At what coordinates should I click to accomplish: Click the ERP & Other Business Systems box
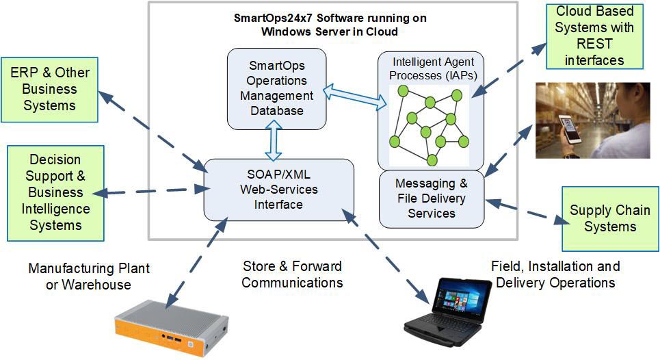49,89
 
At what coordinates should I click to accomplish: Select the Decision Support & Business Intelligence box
55,193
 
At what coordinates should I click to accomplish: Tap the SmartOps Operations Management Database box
276,88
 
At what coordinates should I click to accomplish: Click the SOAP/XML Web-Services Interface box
279,190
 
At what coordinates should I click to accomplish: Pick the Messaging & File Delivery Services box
432,198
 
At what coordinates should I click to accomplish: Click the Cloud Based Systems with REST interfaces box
595,36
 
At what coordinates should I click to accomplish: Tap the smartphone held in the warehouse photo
569,129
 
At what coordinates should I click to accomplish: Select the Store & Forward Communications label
292,274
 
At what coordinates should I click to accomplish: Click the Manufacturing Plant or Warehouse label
88,276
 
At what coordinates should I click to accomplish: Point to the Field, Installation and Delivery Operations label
555,274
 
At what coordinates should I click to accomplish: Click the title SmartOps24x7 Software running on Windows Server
330,25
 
